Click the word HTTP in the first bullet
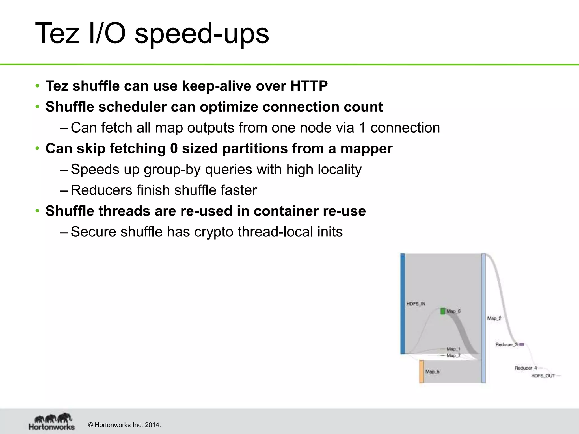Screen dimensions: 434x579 (x=309, y=86)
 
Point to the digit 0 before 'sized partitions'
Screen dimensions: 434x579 (x=174, y=149)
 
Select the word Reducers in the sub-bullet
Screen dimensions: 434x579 (x=101, y=190)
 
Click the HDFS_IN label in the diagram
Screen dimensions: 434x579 (x=416, y=304)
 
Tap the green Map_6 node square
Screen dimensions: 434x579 (x=443, y=311)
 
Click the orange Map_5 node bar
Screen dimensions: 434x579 (x=421, y=372)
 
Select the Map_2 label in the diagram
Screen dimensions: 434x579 (x=494, y=318)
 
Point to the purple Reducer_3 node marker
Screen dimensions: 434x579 (x=522, y=345)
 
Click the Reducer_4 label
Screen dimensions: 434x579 (x=526, y=368)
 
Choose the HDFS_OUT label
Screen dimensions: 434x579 (x=543, y=376)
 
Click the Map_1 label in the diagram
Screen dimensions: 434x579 (x=453, y=349)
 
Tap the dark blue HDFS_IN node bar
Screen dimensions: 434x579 (x=403, y=304)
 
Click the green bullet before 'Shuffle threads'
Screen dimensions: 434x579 (x=37, y=211)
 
